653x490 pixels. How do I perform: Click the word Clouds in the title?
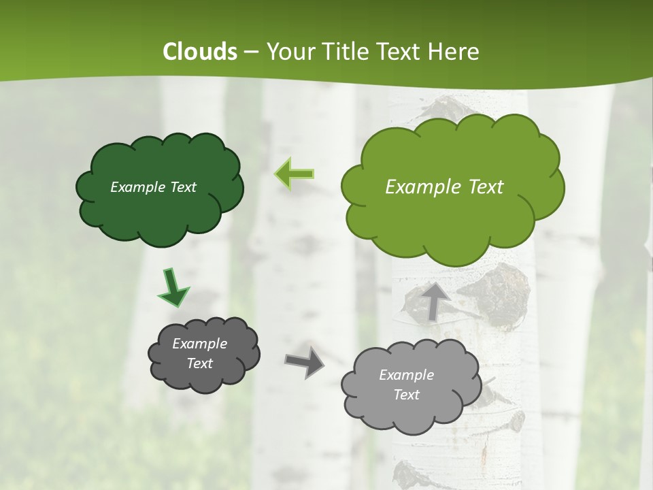[x=200, y=52]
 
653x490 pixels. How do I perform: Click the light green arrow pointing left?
[x=294, y=174]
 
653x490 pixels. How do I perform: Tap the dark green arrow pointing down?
[x=173, y=288]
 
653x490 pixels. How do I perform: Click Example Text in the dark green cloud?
[x=153, y=187]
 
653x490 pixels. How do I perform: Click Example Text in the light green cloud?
[x=444, y=187]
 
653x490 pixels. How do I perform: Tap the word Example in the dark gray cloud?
[x=199, y=344]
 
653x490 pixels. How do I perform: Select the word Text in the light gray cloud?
[x=406, y=395]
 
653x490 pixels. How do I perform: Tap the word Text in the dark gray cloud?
[x=199, y=363]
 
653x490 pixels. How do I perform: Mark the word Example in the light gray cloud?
[x=406, y=375]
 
